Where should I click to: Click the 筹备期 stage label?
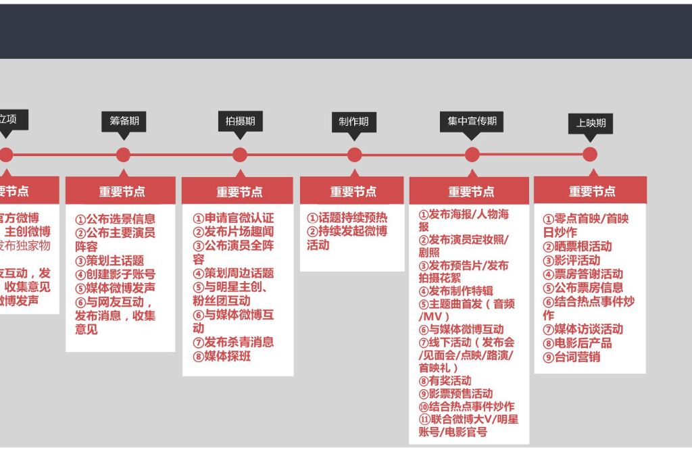click(x=124, y=121)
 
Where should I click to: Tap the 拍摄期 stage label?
click(x=240, y=121)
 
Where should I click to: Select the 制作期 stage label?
click(x=354, y=122)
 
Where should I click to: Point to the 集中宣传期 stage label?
click(x=472, y=121)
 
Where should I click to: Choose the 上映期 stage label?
click(x=591, y=123)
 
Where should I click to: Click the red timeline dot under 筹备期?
click(x=123, y=155)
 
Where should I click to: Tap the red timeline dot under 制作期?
click(x=355, y=155)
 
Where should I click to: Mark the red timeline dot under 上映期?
click(x=590, y=155)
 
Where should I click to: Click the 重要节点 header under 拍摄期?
click(x=239, y=192)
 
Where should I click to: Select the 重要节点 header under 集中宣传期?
click(x=471, y=192)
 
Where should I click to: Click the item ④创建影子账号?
click(x=115, y=274)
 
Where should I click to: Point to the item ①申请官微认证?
click(x=233, y=218)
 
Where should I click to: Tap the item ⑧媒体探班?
click(x=222, y=356)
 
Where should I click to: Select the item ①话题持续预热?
click(x=347, y=218)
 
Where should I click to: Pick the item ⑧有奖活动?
click(x=445, y=380)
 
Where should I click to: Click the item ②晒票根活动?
click(x=578, y=247)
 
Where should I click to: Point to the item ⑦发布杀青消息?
click(x=233, y=343)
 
